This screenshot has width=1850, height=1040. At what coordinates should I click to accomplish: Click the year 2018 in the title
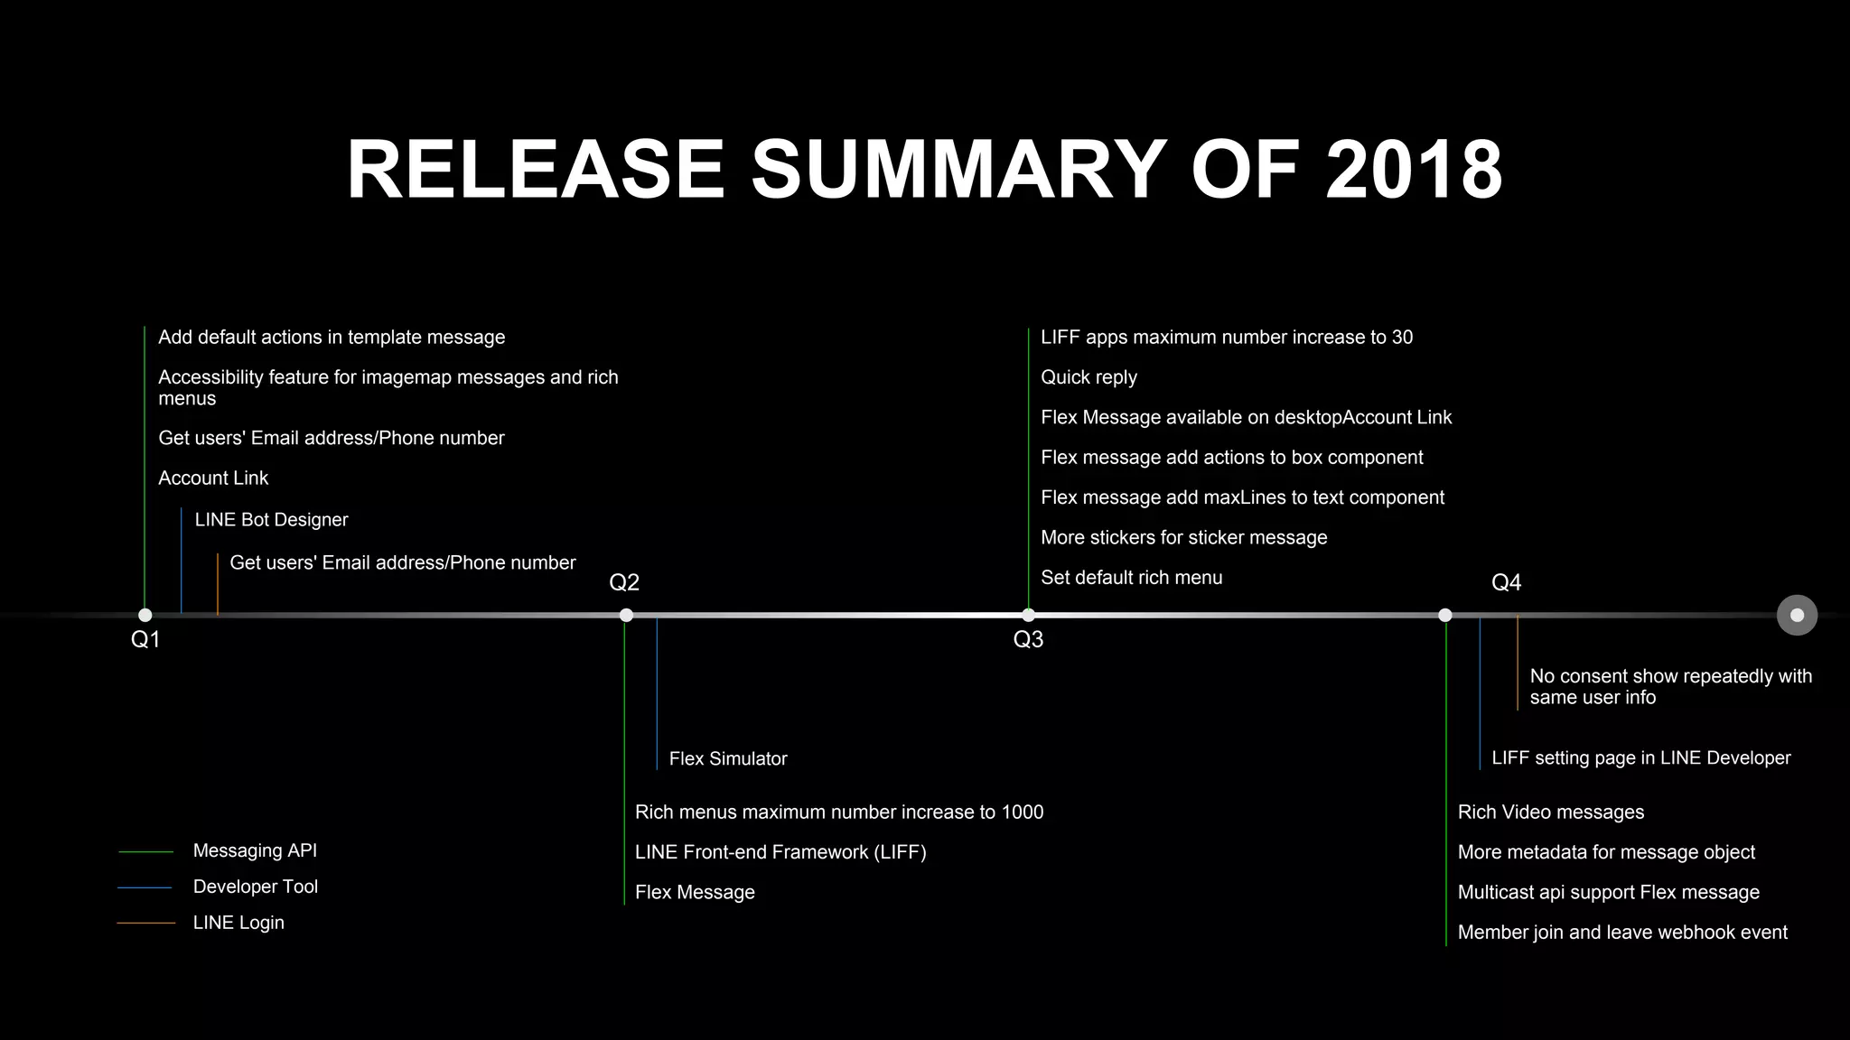click(x=1414, y=170)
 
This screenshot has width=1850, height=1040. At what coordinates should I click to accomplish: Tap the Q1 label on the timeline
click(x=145, y=640)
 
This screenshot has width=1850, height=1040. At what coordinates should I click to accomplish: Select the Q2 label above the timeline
click(x=624, y=582)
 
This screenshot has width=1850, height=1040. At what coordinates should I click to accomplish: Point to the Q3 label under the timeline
click(x=1028, y=640)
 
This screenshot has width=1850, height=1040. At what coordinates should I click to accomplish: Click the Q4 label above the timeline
click(x=1506, y=582)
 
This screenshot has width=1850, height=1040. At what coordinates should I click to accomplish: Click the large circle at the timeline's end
click(x=1797, y=616)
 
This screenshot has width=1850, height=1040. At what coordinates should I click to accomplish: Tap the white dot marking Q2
click(x=626, y=616)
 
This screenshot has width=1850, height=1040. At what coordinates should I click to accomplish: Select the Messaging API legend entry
click(x=255, y=850)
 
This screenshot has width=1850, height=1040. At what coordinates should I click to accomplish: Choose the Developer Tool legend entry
click(x=256, y=887)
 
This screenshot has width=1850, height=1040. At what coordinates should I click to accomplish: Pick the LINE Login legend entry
click(x=238, y=923)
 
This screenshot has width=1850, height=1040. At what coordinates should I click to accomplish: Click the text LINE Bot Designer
click(x=271, y=520)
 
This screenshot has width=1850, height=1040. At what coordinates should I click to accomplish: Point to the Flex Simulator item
click(x=728, y=759)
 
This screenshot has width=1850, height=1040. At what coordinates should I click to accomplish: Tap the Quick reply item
click(x=1089, y=377)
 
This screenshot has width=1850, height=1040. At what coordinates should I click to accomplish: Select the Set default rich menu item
click(x=1131, y=578)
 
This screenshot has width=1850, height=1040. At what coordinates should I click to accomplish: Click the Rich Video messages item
click(x=1551, y=812)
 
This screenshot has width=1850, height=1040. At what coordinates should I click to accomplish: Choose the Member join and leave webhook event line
click(x=1622, y=933)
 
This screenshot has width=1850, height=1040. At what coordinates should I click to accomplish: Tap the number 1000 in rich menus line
click(x=1023, y=812)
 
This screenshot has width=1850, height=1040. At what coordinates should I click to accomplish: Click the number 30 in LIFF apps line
click(x=1402, y=338)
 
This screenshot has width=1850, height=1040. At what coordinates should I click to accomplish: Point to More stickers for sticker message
click(x=1183, y=538)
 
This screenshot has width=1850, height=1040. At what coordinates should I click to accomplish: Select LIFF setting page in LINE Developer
click(x=1640, y=758)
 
